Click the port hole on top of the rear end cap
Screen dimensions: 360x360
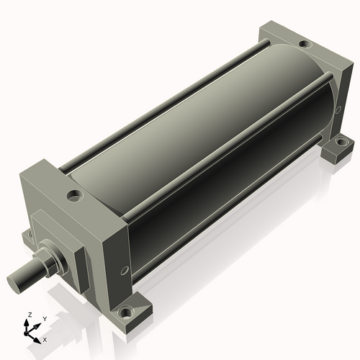click(305, 44)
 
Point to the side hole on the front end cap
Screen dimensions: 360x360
click(124, 270)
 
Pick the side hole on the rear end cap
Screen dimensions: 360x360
click(338, 109)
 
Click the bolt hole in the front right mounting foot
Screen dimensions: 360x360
click(125, 312)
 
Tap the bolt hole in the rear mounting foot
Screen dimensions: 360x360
click(341, 142)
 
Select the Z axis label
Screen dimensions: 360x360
click(30, 315)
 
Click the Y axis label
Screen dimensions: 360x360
click(45, 319)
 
